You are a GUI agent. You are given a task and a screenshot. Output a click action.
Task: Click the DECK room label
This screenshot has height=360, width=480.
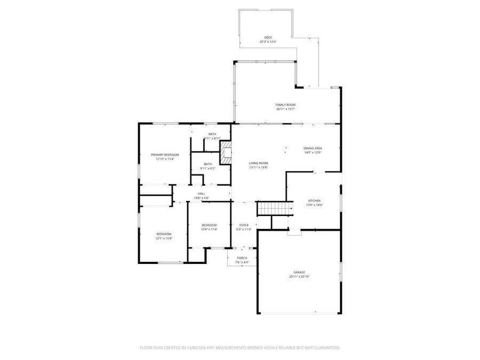tap(268, 37)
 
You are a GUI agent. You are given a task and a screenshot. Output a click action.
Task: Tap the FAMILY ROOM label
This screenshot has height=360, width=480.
tap(285, 105)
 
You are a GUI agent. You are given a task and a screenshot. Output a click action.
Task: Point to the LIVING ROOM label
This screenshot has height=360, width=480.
tap(258, 163)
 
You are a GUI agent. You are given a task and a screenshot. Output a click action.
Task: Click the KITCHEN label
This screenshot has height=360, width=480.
tap(314, 201)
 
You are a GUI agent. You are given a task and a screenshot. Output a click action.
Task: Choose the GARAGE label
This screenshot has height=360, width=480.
tap(299, 272)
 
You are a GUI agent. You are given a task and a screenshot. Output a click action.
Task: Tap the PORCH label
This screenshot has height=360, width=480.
tap(242, 258)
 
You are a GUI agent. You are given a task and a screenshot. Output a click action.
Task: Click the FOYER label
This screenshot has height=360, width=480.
tap(244, 225)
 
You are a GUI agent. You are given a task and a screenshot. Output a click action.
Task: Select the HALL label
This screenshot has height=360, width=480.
tap(202, 194)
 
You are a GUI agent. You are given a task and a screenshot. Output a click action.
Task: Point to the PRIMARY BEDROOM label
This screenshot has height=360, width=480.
tap(165, 155)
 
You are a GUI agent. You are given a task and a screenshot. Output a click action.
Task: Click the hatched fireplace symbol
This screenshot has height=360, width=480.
tap(227, 153)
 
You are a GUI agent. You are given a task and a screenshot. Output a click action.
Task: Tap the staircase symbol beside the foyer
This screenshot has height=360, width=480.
tap(275, 208)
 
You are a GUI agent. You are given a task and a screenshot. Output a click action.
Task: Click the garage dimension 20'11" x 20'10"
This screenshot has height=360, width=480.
tap(299, 276)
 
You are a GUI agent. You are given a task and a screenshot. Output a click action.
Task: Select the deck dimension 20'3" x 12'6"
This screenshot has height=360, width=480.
tap(268, 42)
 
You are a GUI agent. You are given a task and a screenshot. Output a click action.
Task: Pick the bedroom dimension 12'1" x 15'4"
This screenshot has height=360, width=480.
tap(164, 238)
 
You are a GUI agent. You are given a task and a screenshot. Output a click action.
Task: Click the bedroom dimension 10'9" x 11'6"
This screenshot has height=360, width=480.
tap(210, 229)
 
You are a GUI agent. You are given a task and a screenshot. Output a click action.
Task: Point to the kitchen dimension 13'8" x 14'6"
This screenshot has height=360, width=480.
tap(314, 205)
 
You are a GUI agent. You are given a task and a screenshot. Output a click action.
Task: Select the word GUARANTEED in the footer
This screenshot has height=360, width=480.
tap(326, 348)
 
